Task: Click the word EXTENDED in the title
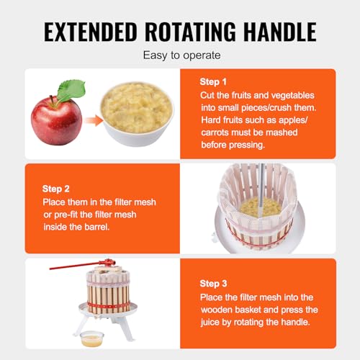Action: (x=91, y=32)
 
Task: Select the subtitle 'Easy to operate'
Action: (x=181, y=55)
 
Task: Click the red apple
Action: (x=57, y=121)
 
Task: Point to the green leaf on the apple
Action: (x=71, y=90)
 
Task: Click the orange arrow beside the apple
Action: (x=94, y=120)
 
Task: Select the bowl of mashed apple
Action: (x=137, y=114)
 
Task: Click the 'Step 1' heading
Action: (x=213, y=82)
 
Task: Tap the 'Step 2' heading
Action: (x=56, y=189)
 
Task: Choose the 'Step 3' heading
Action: (x=213, y=284)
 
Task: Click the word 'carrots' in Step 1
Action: (x=215, y=132)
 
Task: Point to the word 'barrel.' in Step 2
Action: (x=96, y=227)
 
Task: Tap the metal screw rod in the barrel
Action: (x=261, y=185)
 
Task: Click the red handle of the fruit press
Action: (x=81, y=265)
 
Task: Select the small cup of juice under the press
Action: (x=92, y=338)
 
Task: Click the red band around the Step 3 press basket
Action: (x=109, y=307)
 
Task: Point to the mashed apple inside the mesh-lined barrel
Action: (x=261, y=207)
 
